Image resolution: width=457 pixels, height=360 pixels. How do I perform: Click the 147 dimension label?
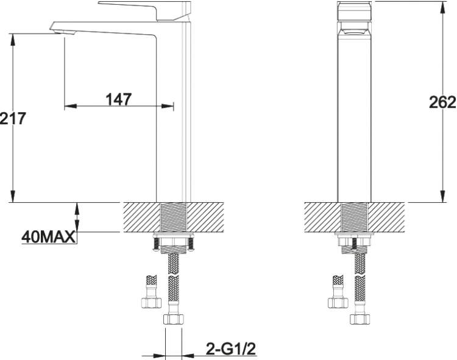(118, 99)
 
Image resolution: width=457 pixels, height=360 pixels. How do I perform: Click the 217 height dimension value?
(13, 119)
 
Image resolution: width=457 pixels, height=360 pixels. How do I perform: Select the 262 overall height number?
(442, 102)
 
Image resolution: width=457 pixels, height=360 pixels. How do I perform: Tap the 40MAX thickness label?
(49, 238)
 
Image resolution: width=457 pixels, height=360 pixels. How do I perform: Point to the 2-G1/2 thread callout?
(231, 348)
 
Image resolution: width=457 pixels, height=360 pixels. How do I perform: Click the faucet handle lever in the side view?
(145, 10)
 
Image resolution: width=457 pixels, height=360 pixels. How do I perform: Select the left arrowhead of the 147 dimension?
(70, 106)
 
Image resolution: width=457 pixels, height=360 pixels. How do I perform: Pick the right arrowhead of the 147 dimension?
(168, 106)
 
